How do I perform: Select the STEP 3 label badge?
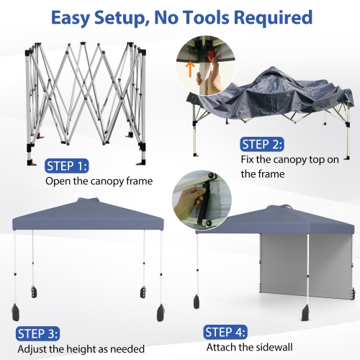[37, 333]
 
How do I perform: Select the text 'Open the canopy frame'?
[99, 181]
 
